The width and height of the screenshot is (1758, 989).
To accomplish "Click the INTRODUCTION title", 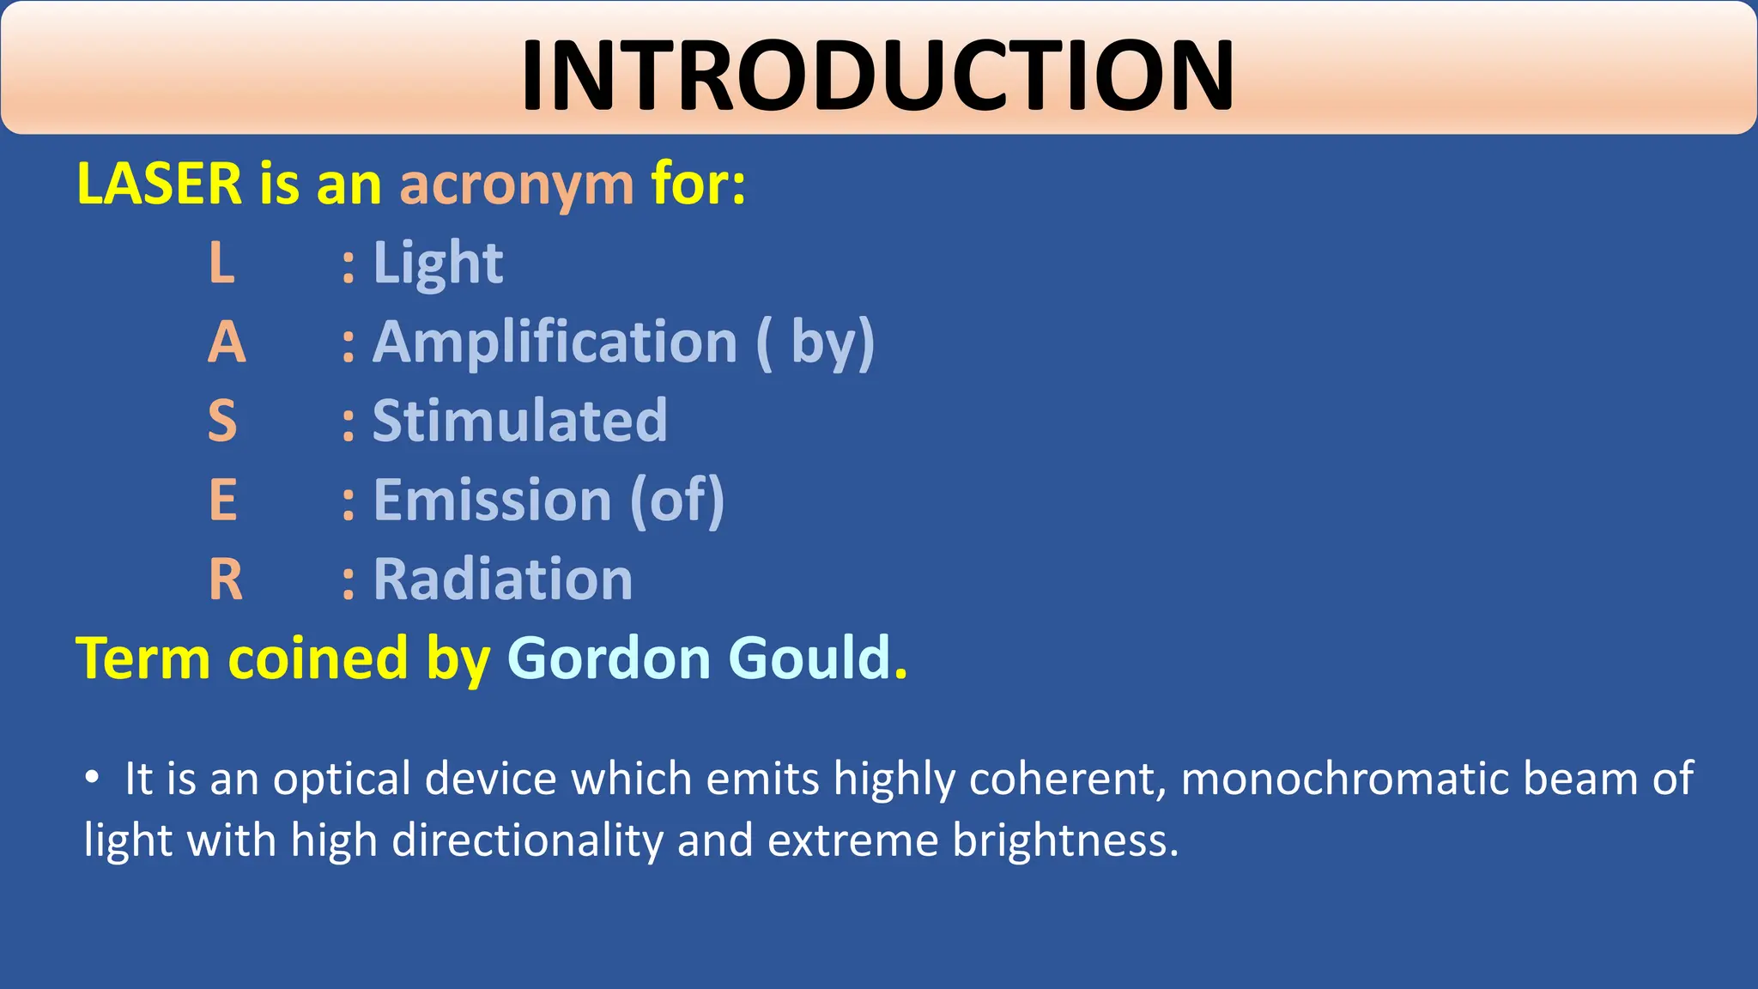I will [x=877, y=76].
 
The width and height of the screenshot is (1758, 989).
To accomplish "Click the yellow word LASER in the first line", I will [x=160, y=184].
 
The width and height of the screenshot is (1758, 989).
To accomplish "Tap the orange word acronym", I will [x=517, y=185].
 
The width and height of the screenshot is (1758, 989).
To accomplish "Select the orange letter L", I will [x=221, y=263].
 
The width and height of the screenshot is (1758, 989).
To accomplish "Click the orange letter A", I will [x=227, y=343].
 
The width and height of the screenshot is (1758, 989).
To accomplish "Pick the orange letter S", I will [x=222, y=422].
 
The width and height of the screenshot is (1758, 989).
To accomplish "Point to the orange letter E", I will [x=222, y=501].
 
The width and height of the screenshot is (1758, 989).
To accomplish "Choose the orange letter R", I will [x=225, y=579].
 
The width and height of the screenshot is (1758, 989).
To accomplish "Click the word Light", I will [x=438, y=263].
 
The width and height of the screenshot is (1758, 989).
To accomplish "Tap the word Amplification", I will [x=555, y=343].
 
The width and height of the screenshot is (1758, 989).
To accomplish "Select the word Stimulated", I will [x=519, y=422].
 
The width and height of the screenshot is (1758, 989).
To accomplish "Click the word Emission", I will [x=492, y=501].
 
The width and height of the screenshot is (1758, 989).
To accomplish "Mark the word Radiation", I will [x=503, y=579].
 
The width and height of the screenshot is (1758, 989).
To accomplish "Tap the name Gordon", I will [x=609, y=658].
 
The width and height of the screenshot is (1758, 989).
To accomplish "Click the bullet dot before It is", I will [x=92, y=778].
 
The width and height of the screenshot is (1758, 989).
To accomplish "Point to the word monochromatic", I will [x=1344, y=779].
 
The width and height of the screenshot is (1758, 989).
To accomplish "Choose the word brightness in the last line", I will [x=1064, y=840].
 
